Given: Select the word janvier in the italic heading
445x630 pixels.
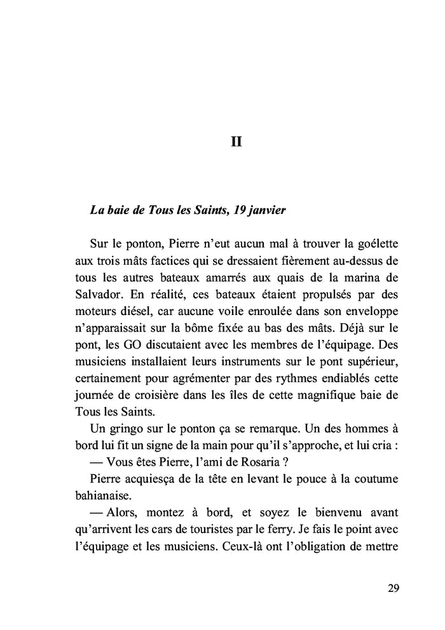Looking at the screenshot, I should [x=263, y=210].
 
